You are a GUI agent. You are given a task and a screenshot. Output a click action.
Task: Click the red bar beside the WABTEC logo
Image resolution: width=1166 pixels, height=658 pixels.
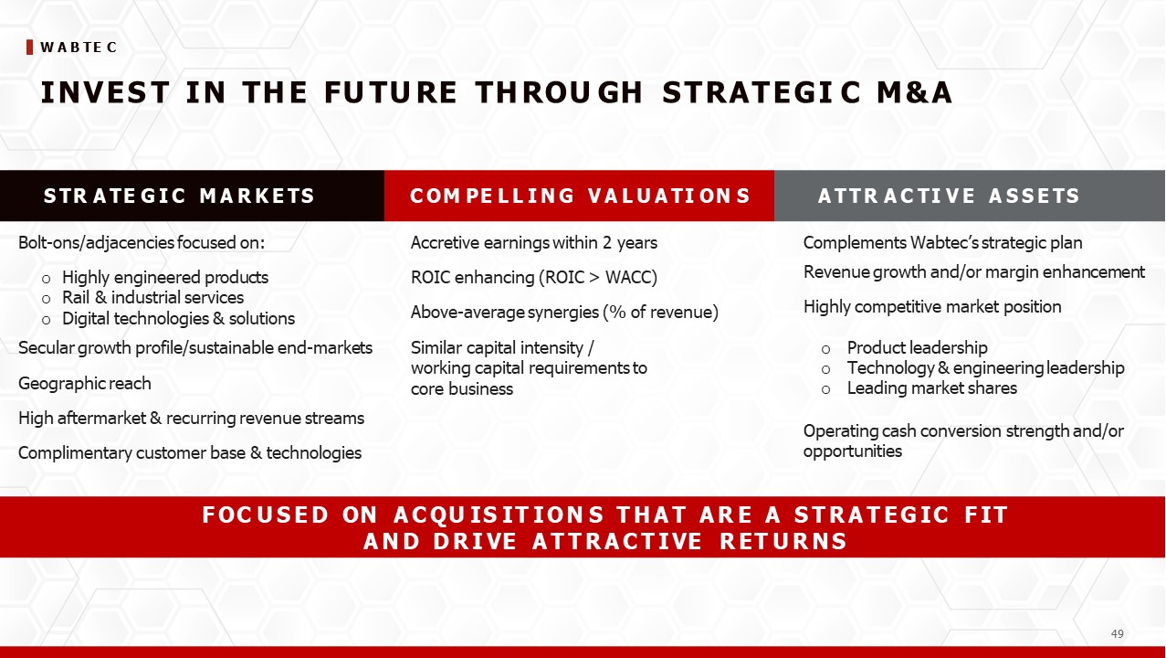click(x=29, y=47)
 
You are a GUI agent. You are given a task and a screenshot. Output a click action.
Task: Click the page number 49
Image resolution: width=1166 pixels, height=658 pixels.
click(x=1117, y=633)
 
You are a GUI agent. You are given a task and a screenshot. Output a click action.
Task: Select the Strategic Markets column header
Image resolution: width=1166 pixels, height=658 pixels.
click(x=179, y=196)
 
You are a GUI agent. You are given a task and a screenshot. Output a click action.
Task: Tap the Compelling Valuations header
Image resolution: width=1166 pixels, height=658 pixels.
click(x=580, y=196)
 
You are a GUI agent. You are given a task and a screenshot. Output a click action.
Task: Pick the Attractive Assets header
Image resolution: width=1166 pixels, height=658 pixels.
click(x=949, y=196)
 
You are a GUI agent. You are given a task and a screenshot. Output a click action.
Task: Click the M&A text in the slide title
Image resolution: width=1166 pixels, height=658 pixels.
click(x=915, y=92)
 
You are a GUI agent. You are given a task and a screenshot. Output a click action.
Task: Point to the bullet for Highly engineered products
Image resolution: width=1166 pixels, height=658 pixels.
click(x=46, y=280)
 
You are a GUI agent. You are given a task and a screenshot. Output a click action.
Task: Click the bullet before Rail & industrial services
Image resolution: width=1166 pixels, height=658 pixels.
click(x=46, y=300)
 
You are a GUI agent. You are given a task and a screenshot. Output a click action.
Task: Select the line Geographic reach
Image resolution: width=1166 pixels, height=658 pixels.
click(x=85, y=384)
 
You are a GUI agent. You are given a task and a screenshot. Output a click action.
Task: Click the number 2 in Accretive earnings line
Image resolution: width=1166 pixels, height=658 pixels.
click(x=607, y=243)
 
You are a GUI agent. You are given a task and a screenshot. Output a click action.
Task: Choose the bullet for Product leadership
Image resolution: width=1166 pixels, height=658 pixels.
click(x=825, y=350)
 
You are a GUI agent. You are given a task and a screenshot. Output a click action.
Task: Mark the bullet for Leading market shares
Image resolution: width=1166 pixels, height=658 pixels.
click(x=825, y=390)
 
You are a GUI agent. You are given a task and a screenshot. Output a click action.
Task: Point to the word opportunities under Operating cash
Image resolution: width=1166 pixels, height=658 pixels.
click(x=853, y=451)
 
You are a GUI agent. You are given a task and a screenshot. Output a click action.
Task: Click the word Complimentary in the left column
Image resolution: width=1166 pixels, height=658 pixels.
click(x=75, y=453)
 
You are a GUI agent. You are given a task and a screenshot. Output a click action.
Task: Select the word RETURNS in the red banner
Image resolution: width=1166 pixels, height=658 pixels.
click(x=784, y=541)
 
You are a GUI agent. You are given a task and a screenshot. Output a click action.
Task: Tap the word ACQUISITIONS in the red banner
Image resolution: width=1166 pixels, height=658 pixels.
click(x=499, y=515)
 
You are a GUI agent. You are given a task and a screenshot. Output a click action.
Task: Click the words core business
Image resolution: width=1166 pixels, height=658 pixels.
click(x=462, y=389)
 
